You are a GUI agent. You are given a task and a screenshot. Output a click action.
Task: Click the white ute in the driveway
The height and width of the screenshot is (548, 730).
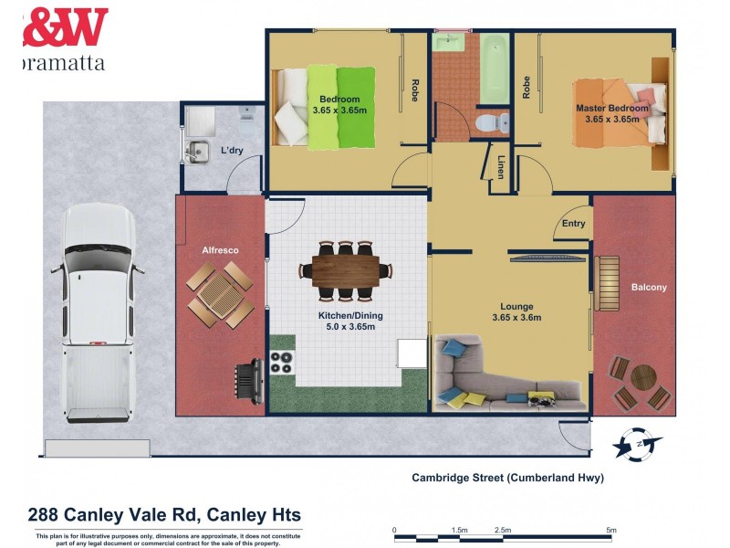tap(99, 311)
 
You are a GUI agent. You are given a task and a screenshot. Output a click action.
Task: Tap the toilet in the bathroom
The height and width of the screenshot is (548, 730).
tap(490, 121)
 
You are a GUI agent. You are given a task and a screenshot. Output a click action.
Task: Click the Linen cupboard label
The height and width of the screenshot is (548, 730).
tap(501, 168)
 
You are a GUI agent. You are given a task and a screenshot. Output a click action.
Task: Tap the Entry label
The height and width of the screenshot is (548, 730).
tap(573, 223)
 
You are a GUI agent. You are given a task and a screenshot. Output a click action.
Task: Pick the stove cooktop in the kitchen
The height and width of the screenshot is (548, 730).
tap(282, 364)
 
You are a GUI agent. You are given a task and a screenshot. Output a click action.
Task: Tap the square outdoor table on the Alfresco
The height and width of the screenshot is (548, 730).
tap(221, 295)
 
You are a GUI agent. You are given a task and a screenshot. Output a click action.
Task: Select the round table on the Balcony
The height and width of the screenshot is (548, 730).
tap(644, 376)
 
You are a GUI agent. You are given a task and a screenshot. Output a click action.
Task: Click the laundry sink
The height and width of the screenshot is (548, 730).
tap(195, 149)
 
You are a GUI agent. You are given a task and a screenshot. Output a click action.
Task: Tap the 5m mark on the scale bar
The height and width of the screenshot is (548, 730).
tap(611, 530)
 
